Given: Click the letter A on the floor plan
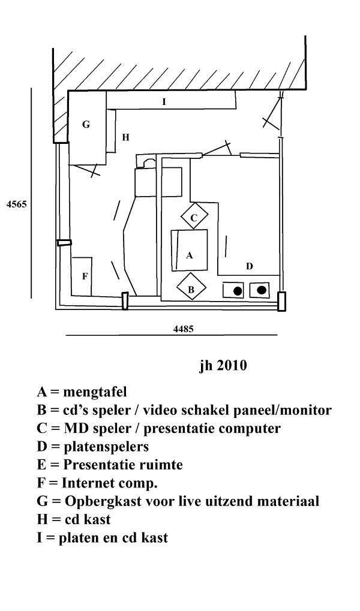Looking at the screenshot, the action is pyautogui.click(x=190, y=255).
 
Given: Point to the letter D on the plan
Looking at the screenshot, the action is pyautogui.click(x=250, y=267).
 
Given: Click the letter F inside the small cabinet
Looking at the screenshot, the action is pyautogui.click(x=85, y=276).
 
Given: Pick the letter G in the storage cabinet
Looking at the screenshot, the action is pyautogui.click(x=86, y=125).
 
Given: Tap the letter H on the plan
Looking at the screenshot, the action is pyautogui.click(x=125, y=137).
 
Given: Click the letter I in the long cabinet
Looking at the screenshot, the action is pyautogui.click(x=164, y=102).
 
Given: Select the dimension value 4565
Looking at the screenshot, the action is pyautogui.click(x=17, y=204).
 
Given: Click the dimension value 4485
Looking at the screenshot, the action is pyautogui.click(x=184, y=329).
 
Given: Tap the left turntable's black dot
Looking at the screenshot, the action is pyautogui.click(x=238, y=291).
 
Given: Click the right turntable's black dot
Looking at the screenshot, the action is pyautogui.click(x=262, y=290).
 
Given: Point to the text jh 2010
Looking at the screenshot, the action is pyautogui.click(x=223, y=366).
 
